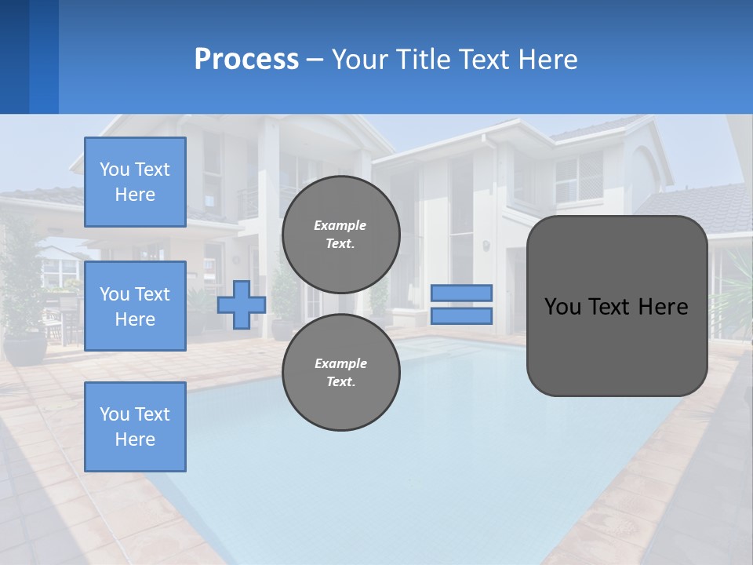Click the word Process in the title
pyautogui.click(x=246, y=60)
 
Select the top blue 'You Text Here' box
pyautogui.click(x=135, y=182)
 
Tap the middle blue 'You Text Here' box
pyautogui.click(x=135, y=306)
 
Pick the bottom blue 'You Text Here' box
pyautogui.click(x=135, y=427)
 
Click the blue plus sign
pyautogui.click(x=241, y=304)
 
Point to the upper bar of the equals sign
pyautogui.click(x=461, y=293)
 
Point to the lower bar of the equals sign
pyautogui.click(x=461, y=315)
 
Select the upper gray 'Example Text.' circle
pyautogui.click(x=340, y=234)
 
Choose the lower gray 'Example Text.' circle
pyautogui.click(x=340, y=372)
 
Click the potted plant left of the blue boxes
pyautogui.click(x=24, y=314)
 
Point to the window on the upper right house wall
pyautogui.click(x=578, y=177)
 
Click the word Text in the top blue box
pyautogui.click(x=151, y=169)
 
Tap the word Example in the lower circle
pyautogui.click(x=340, y=363)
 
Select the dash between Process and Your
pyautogui.click(x=315, y=60)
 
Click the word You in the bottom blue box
pyautogui.click(x=114, y=414)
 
